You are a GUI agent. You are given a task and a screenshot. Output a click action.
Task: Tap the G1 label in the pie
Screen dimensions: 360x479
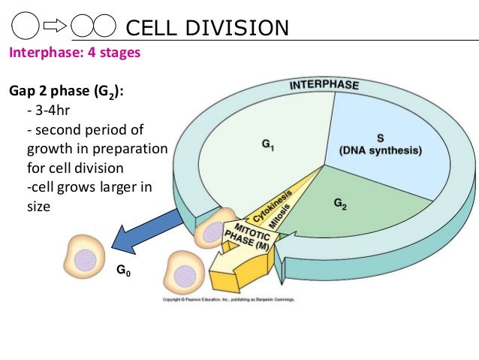point(267,149)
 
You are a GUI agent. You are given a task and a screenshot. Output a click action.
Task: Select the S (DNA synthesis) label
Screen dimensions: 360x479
point(380,144)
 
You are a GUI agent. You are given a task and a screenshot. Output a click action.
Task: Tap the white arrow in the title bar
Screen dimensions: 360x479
point(56,28)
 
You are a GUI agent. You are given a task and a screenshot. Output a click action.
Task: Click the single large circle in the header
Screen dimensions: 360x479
point(26,27)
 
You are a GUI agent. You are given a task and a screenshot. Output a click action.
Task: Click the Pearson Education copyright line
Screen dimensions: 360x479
point(229,300)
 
